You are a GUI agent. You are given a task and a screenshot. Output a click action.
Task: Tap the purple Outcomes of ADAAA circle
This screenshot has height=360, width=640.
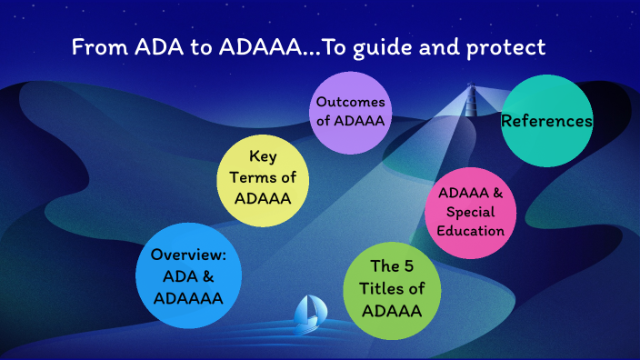(x=351, y=112)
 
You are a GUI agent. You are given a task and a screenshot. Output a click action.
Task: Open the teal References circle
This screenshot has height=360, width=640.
(x=547, y=121)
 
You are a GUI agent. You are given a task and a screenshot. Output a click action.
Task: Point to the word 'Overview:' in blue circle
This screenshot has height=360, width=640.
(x=189, y=254)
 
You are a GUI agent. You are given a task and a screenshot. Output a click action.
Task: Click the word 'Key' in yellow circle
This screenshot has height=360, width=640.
(x=264, y=155)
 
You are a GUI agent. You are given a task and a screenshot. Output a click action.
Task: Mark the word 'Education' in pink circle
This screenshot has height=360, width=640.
(x=470, y=230)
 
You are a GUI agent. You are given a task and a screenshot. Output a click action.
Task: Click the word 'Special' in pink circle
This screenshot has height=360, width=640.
(x=470, y=212)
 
